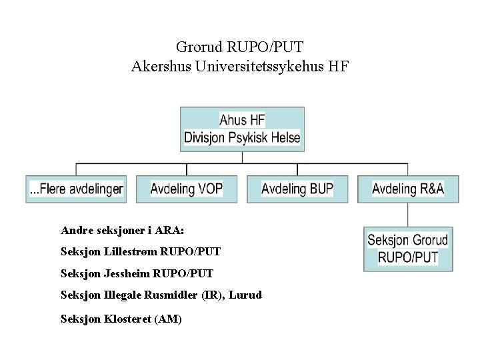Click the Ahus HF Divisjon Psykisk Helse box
242,129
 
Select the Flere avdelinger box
76,189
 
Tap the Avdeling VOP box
187,189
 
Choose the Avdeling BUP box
297,189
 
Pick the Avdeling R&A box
408,189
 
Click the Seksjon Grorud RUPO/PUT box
408,249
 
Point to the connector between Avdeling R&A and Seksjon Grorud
408,215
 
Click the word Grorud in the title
199,47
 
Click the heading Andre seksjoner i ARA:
122,230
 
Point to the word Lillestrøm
127,252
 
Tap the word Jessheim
127,273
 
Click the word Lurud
245,295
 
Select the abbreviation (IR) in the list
211,295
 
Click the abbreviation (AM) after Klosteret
167,319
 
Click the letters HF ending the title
338,67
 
